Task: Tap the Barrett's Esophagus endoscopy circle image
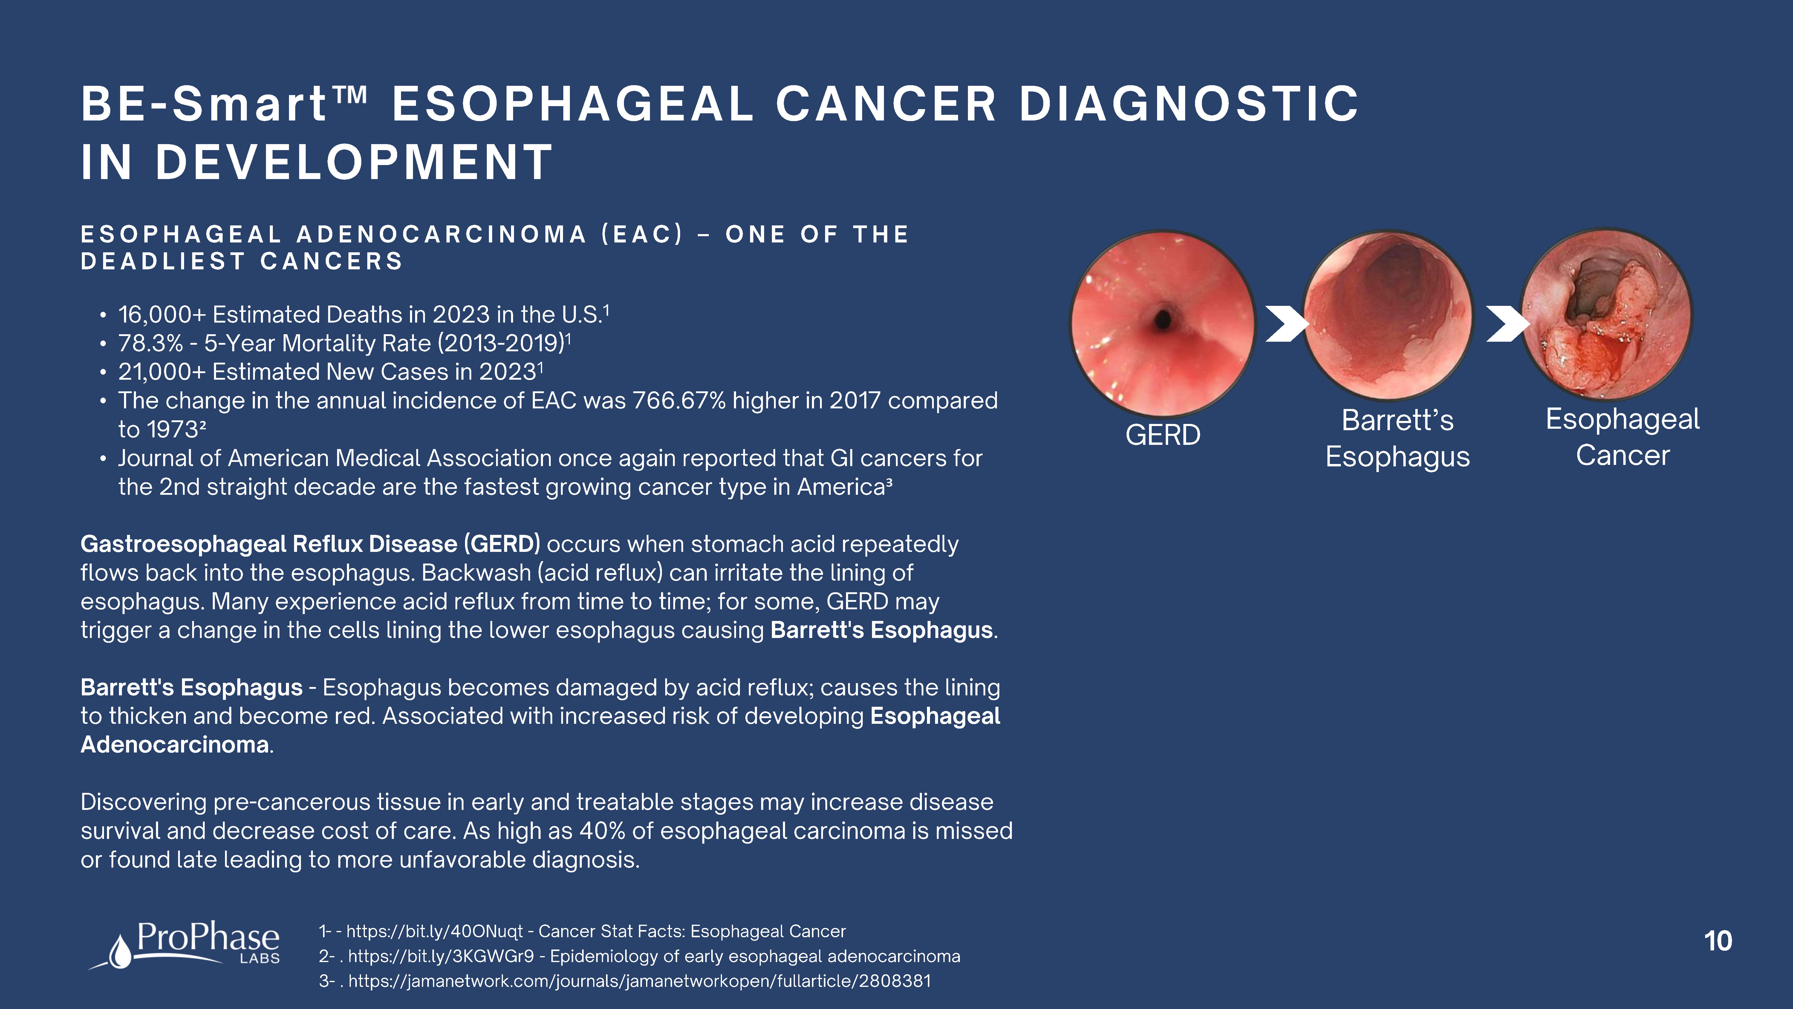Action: pyautogui.click(x=1388, y=315)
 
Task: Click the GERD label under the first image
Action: pyautogui.click(x=1163, y=435)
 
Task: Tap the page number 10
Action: pyautogui.click(x=1718, y=941)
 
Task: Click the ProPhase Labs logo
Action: pyautogui.click(x=184, y=945)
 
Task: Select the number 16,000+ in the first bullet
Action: pyautogui.click(x=162, y=315)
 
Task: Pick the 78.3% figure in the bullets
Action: pyautogui.click(x=150, y=343)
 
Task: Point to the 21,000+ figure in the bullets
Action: pyautogui.click(x=162, y=372)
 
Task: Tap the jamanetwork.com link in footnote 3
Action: pyautogui.click(x=640, y=981)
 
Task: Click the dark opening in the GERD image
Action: pyautogui.click(x=1162, y=319)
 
